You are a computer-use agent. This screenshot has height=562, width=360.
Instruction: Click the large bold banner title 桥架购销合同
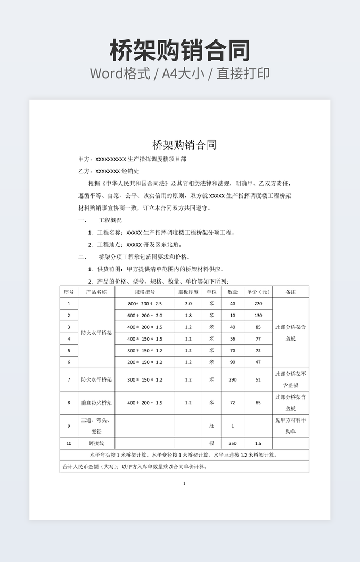pyautogui.click(x=180, y=51)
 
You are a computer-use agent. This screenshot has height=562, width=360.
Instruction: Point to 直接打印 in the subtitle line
pyautogui.click(x=243, y=73)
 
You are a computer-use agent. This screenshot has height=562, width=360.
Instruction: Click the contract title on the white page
pyautogui.click(x=184, y=145)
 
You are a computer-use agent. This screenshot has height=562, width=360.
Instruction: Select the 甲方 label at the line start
pyautogui.click(x=85, y=159)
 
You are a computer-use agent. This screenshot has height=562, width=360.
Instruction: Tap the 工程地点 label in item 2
pyautogui.click(x=109, y=245)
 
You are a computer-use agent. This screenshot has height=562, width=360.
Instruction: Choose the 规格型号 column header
pyautogui.click(x=144, y=292)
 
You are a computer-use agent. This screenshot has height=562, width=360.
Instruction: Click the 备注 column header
pyautogui.click(x=291, y=292)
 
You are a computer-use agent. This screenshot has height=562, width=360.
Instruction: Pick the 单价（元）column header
pyautogui.click(x=258, y=292)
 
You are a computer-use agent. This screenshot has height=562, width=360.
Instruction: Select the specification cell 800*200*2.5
pyautogui.click(x=144, y=303)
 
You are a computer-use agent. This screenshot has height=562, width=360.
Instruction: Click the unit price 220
pyautogui.click(x=258, y=303)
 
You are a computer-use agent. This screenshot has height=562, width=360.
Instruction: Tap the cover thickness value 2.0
pyautogui.click(x=188, y=303)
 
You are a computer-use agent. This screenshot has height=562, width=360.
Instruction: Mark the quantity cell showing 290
pyautogui.click(x=233, y=379)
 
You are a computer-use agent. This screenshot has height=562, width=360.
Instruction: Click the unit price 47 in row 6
pyautogui.click(x=258, y=362)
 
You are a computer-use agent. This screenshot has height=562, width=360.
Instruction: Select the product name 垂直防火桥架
pyautogui.click(x=96, y=403)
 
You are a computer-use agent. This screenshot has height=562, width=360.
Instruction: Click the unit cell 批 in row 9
pyautogui.click(x=211, y=426)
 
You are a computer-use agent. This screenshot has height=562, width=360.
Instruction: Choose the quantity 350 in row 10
pyautogui.click(x=233, y=443)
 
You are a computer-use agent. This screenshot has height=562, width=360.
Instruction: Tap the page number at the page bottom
pyautogui.click(x=184, y=484)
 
